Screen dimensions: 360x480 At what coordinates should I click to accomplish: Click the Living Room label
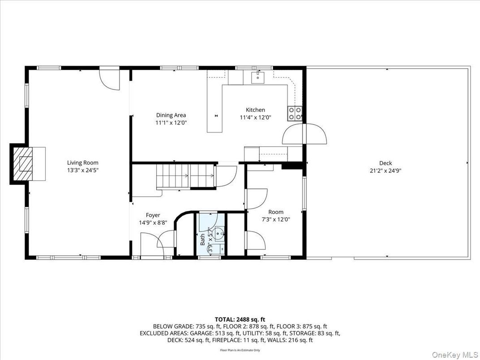click(x=82, y=163)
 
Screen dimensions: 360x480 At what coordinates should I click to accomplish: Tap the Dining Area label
click(x=171, y=115)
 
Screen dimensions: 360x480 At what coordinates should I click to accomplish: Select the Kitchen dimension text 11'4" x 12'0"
click(x=255, y=117)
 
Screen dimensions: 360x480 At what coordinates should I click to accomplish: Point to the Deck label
click(x=385, y=163)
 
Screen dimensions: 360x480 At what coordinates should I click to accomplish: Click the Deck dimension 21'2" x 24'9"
click(x=385, y=170)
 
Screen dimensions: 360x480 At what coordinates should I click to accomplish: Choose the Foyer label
click(x=153, y=215)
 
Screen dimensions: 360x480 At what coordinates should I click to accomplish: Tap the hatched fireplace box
click(x=23, y=163)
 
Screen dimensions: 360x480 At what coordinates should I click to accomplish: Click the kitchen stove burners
click(x=295, y=113)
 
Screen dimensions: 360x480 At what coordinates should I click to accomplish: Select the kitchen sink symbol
click(x=258, y=77)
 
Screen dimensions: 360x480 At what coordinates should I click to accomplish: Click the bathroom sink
click(x=218, y=233)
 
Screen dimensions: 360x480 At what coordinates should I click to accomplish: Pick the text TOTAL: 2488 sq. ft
click(x=240, y=319)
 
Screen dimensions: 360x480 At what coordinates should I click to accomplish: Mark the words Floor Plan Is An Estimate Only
click(x=240, y=350)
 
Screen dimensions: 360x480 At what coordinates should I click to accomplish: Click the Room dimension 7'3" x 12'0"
click(x=276, y=219)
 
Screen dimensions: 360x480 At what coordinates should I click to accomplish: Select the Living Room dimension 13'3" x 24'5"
click(x=82, y=170)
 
